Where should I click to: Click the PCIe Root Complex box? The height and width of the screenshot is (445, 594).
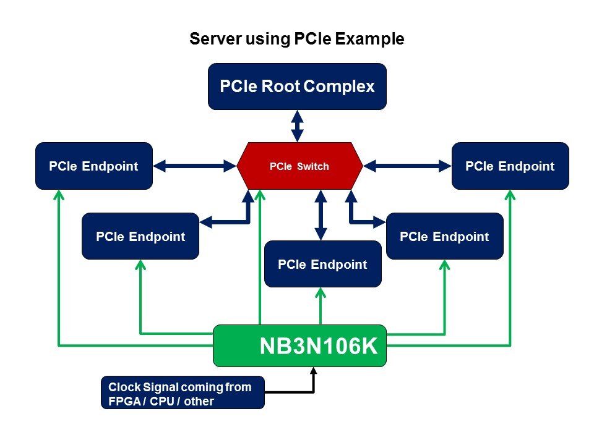[x=297, y=87]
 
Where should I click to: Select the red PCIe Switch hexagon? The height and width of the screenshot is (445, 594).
[x=300, y=166]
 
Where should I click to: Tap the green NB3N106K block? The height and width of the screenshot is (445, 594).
[x=300, y=345]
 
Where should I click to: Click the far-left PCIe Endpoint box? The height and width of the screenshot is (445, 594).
[x=93, y=166]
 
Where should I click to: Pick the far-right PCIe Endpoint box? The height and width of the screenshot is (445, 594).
[x=510, y=166]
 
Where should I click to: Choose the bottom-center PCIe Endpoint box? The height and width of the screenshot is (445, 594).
[x=322, y=264]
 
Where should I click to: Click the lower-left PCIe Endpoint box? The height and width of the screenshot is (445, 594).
[x=140, y=236]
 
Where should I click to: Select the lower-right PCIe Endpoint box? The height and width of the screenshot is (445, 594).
[x=444, y=236]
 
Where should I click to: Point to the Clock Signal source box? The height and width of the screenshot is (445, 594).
[x=183, y=393]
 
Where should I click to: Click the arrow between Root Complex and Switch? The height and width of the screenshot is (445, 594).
[x=298, y=125]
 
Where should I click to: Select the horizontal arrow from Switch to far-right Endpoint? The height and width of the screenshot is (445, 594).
[x=407, y=165]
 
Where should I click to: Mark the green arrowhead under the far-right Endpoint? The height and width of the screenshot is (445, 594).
[x=510, y=194]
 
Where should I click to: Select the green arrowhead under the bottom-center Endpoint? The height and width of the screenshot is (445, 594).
[x=321, y=292]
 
